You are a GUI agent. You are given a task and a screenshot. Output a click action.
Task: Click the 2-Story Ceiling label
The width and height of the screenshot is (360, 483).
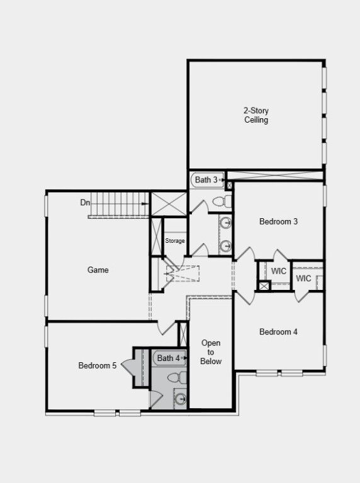coord(256,115)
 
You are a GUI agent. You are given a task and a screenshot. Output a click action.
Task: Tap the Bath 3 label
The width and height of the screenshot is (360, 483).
coord(206,180)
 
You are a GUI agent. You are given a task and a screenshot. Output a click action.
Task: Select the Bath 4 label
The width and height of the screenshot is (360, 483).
coord(169,358)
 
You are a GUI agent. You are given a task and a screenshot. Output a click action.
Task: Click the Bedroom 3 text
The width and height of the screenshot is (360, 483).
coord(278,221)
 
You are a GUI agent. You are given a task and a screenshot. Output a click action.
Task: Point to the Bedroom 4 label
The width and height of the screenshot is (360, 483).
coord(278,332)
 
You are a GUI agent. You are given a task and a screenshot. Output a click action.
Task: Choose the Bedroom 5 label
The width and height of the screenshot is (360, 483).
coord(97,365)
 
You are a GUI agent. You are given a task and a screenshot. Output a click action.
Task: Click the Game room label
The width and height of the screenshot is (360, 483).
coord(98,270)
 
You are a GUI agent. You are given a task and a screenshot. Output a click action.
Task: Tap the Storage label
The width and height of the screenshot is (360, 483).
coord(175,241)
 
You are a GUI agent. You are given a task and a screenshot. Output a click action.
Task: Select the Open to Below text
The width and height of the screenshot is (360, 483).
coord(211,352)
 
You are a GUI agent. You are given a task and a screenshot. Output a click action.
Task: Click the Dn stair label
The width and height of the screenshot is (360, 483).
coord(85,203)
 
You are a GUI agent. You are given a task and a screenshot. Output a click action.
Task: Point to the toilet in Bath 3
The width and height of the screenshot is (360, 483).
coord(220,201)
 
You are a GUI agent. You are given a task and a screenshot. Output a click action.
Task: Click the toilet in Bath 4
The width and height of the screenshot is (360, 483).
coord(180,377)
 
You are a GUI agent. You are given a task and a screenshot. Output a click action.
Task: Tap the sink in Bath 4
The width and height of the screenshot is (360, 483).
coord(181,398)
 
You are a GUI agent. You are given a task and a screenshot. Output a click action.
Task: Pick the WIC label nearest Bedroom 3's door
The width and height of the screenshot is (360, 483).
coord(279,271)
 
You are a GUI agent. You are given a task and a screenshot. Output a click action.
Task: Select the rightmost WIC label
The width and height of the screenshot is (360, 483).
coord(304,279)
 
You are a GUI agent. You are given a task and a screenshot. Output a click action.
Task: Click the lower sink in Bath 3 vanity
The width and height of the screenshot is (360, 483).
coord(225,245)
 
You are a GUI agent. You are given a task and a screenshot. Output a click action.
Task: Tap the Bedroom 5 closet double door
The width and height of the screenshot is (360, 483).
coord(129,366)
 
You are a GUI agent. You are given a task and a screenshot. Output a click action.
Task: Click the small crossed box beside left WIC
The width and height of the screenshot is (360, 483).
coord(264,286)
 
